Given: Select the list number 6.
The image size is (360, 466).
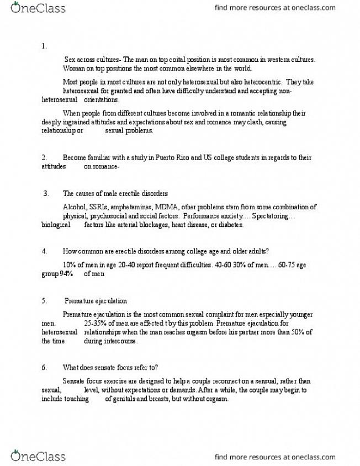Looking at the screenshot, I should coord(44,367).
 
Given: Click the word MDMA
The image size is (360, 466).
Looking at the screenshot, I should coord(173,207).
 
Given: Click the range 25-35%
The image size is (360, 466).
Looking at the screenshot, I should coord(97,323).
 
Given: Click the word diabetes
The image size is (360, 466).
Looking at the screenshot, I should coord(229,225).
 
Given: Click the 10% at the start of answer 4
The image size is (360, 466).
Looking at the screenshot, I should coord(70,265).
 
